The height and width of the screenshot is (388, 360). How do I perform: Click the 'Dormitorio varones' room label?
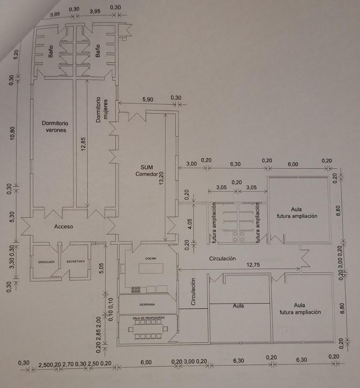[x=55, y=127]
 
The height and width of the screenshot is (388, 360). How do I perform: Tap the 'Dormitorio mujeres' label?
[x=102, y=110]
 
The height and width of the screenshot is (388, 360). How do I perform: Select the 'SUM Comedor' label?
[x=146, y=171]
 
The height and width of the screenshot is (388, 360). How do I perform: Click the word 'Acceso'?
[x=64, y=226]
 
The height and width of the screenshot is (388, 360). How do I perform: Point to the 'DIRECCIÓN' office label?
[x=46, y=262]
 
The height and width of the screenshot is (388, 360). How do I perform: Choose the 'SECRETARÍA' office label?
[x=76, y=261]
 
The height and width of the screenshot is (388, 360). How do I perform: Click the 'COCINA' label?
[x=151, y=259]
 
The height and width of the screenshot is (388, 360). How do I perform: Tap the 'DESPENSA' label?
[x=147, y=305]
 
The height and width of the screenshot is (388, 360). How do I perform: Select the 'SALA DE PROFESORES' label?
[x=148, y=318]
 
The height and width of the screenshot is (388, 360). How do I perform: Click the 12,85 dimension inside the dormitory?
[x=83, y=144]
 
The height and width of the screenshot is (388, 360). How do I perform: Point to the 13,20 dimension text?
[x=161, y=178]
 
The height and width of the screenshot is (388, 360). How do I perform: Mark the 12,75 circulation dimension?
[x=253, y=265]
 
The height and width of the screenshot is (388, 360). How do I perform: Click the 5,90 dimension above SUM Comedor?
[x=148, y=99]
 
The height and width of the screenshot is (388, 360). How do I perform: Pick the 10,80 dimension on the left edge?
[x=12, y=133]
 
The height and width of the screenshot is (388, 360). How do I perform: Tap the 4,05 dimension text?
[x=190, y=224]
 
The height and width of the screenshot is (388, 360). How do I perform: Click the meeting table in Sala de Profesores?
[x=148, y=329]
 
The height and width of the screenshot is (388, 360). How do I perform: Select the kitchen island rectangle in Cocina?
[x=151, y=268]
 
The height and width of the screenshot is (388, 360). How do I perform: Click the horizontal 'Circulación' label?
[x=222, y=259]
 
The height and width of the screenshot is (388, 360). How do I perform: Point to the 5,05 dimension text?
[x=101, y=268]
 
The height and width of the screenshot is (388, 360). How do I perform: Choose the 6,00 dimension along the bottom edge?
[x=146, y=362]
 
